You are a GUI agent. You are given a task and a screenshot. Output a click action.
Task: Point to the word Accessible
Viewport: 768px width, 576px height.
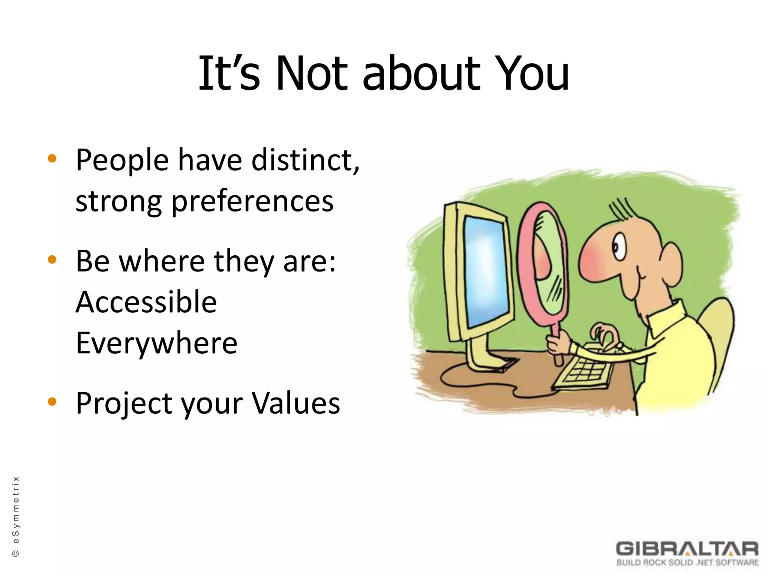[x=146, y=302]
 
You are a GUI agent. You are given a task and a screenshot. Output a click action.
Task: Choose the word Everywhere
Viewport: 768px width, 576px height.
[x=156, y=343]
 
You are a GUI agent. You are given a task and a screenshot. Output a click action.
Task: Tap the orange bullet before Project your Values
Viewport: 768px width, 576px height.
[x=52, y=402]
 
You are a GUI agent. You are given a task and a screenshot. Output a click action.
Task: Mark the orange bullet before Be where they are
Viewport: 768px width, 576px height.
[x=52, y=259]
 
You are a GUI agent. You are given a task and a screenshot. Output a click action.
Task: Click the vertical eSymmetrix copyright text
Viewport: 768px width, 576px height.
[x=16, y=516]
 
